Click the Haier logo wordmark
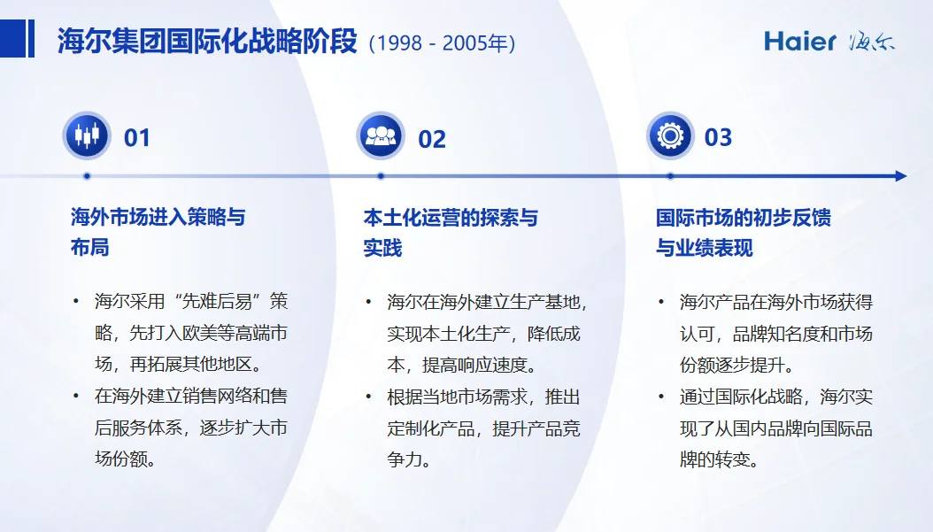(800, 41)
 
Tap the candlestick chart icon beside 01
(87, 136)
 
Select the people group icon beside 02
(381, 136)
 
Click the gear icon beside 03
(670, 136)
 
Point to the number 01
(137, 138)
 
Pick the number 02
(432, 139)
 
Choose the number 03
(718, 138)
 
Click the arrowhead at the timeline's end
(900, 176)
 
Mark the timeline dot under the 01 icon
(87, 176)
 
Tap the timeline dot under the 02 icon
(381, 176)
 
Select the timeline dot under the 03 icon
(670, 176)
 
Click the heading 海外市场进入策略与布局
(157, 232)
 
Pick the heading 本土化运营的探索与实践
(450, 232)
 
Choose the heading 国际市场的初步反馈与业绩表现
(743, 232)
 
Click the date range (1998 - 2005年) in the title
(442, 42)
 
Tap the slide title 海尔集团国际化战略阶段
(207, 42)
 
